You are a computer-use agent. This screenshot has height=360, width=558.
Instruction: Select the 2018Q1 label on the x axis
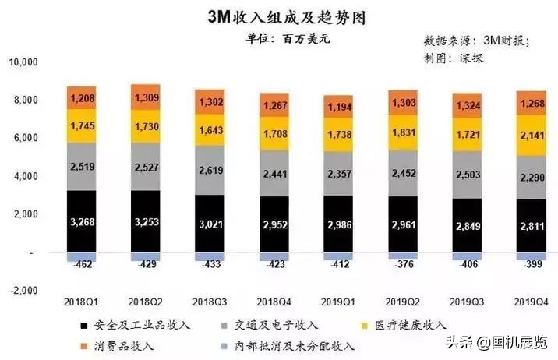pyautogui.click(x=81, y=302)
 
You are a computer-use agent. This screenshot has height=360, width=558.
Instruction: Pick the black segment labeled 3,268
pyautogui.click(x=81, y=221)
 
